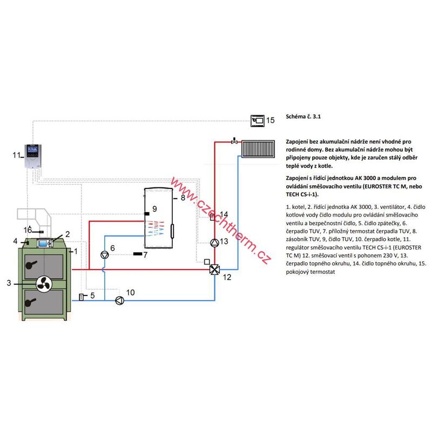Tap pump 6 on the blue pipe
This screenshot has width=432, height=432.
tap(105, 254)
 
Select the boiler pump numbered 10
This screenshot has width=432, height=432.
tap(119, 301)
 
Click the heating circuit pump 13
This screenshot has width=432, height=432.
tap(214, 242)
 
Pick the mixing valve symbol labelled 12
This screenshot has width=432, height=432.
tap(214, 269)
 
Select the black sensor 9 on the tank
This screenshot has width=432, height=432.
tap(146, 214)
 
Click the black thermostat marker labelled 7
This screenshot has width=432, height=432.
tap(138, 253)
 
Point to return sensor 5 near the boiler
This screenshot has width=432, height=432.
tap(82, 296)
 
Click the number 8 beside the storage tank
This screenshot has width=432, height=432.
tap(183, 198)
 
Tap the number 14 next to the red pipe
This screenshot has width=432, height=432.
tap(224, 215)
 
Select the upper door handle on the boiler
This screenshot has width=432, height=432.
tap(32, 264)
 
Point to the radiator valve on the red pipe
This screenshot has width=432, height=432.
tap(234, 140)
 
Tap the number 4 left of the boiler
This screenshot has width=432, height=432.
tap(16, 241)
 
